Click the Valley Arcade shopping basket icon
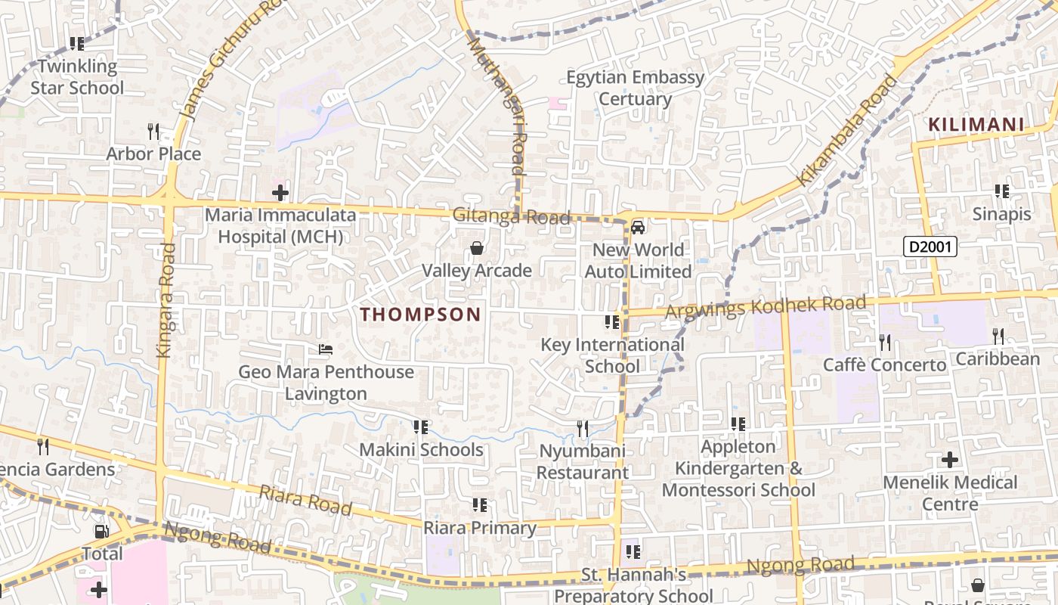coord(477,248)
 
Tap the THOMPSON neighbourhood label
coord(420,315)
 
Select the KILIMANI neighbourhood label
coord(976,125)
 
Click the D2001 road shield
coord(930,247)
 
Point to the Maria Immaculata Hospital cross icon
coord(280,193)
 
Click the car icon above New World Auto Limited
coord(638,227)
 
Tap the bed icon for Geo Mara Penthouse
coord(326,349)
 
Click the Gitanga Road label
coord(511,217)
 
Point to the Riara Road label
coord(305,500)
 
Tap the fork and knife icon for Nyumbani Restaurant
coord(582,429)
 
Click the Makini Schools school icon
coord(421,428)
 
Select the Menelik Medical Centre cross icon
coord(950,460)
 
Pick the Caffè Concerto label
coord(884,365)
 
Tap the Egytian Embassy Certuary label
coord(636,88)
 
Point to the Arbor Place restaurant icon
coord(153,132)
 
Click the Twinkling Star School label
coord(77,77)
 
